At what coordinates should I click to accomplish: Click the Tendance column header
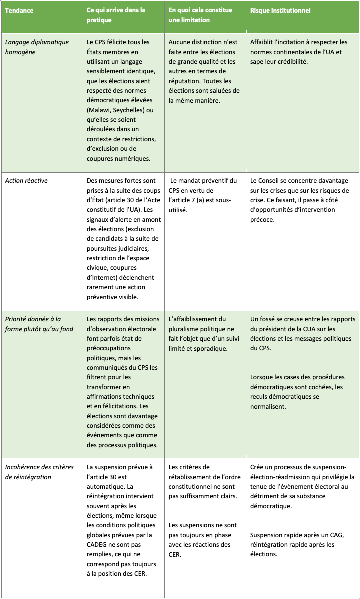(19, 10)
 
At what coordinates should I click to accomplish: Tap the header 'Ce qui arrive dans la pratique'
(116, 15)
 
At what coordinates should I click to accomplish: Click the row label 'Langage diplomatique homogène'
(37, 47)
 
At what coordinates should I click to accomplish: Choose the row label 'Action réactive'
(26, 180)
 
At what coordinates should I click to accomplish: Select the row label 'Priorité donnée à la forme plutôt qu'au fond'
(33, 324)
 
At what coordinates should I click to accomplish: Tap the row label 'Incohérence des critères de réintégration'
(39, 472)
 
